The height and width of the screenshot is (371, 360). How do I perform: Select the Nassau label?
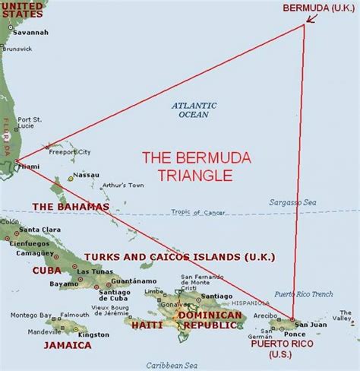86,175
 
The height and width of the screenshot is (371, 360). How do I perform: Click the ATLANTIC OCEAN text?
194,109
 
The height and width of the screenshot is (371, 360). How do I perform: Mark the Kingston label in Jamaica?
93,335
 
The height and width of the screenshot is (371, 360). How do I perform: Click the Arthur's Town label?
122,185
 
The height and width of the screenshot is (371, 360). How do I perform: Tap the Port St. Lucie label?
31,122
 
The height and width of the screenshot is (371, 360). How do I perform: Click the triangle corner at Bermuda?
305,25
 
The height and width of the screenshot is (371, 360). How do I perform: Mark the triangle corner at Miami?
16,161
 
